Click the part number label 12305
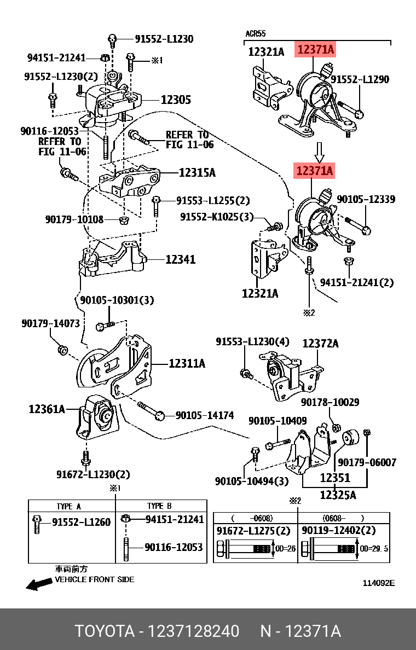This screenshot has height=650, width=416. coord(176,100)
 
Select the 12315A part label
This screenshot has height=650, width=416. coord(197,173)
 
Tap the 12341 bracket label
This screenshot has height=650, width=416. coord(181,259)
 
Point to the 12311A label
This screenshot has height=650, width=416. coord(187,363)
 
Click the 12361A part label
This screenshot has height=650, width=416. coord(47,409)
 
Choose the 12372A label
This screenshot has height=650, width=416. coord(320,344)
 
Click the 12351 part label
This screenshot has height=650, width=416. coord(335,478)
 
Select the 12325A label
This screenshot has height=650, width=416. coord(338,495)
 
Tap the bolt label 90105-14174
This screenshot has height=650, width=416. coord(204,416)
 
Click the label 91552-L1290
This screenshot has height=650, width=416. coord(360,80)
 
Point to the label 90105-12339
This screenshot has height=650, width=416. coord(366,200)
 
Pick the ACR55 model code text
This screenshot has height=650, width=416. coord(255,34)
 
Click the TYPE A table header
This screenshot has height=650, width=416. coord(69,506)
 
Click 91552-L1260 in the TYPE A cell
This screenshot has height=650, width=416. coord(82,522)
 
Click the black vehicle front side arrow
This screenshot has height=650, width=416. coord(39,584)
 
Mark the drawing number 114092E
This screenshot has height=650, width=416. coord(378,583)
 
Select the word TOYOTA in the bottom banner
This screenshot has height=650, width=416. coord(105,631)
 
